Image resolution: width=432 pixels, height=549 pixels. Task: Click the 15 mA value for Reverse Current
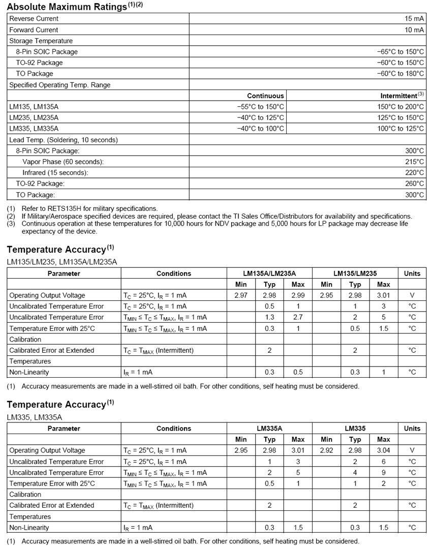click(x=414, y=19)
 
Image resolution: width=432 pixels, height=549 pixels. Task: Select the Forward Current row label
click(x=34, y=30)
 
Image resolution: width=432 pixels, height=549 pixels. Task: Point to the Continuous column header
click(x=265, y=96)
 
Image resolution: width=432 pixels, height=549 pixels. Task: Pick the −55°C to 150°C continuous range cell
click(x=261, y=107)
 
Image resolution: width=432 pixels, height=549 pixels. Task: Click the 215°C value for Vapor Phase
click(x=415, y=162)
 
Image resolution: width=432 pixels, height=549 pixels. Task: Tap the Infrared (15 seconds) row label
click(x=55, y=173)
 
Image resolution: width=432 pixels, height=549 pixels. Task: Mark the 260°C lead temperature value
click(x=415, y=184)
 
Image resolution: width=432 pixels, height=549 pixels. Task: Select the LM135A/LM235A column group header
click(x=269, y=273)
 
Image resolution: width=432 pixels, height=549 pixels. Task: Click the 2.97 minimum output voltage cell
click(x=241, y=295)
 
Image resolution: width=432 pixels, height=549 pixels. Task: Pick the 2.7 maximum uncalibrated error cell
click(x=298, y=317)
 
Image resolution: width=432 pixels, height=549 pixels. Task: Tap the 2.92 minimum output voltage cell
click(x=326, y=450)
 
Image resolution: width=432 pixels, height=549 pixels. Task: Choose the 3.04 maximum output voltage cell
click(x=383, y=450)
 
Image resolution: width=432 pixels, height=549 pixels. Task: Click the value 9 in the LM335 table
click(x=383, y=472)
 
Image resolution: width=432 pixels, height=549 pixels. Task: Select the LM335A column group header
click(x=269, y=429)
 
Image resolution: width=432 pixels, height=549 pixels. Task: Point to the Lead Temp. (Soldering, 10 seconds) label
click(x=64, y=140)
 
